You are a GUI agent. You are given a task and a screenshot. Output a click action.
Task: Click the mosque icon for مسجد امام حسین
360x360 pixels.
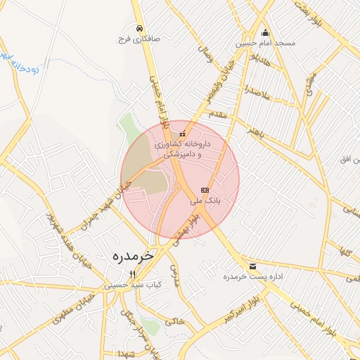[x=265, y=32]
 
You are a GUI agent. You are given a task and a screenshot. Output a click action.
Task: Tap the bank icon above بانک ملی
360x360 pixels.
[x=205, y=190]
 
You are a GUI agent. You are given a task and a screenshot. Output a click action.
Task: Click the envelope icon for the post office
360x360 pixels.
[x=252, y=266]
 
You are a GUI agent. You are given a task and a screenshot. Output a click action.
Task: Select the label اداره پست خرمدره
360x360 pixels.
[x=253, y=277]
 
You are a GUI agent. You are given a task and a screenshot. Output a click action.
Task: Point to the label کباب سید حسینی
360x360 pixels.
[x=133, y=285]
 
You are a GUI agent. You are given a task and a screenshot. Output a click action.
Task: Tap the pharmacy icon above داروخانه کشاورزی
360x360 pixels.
[x=183, y=134]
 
